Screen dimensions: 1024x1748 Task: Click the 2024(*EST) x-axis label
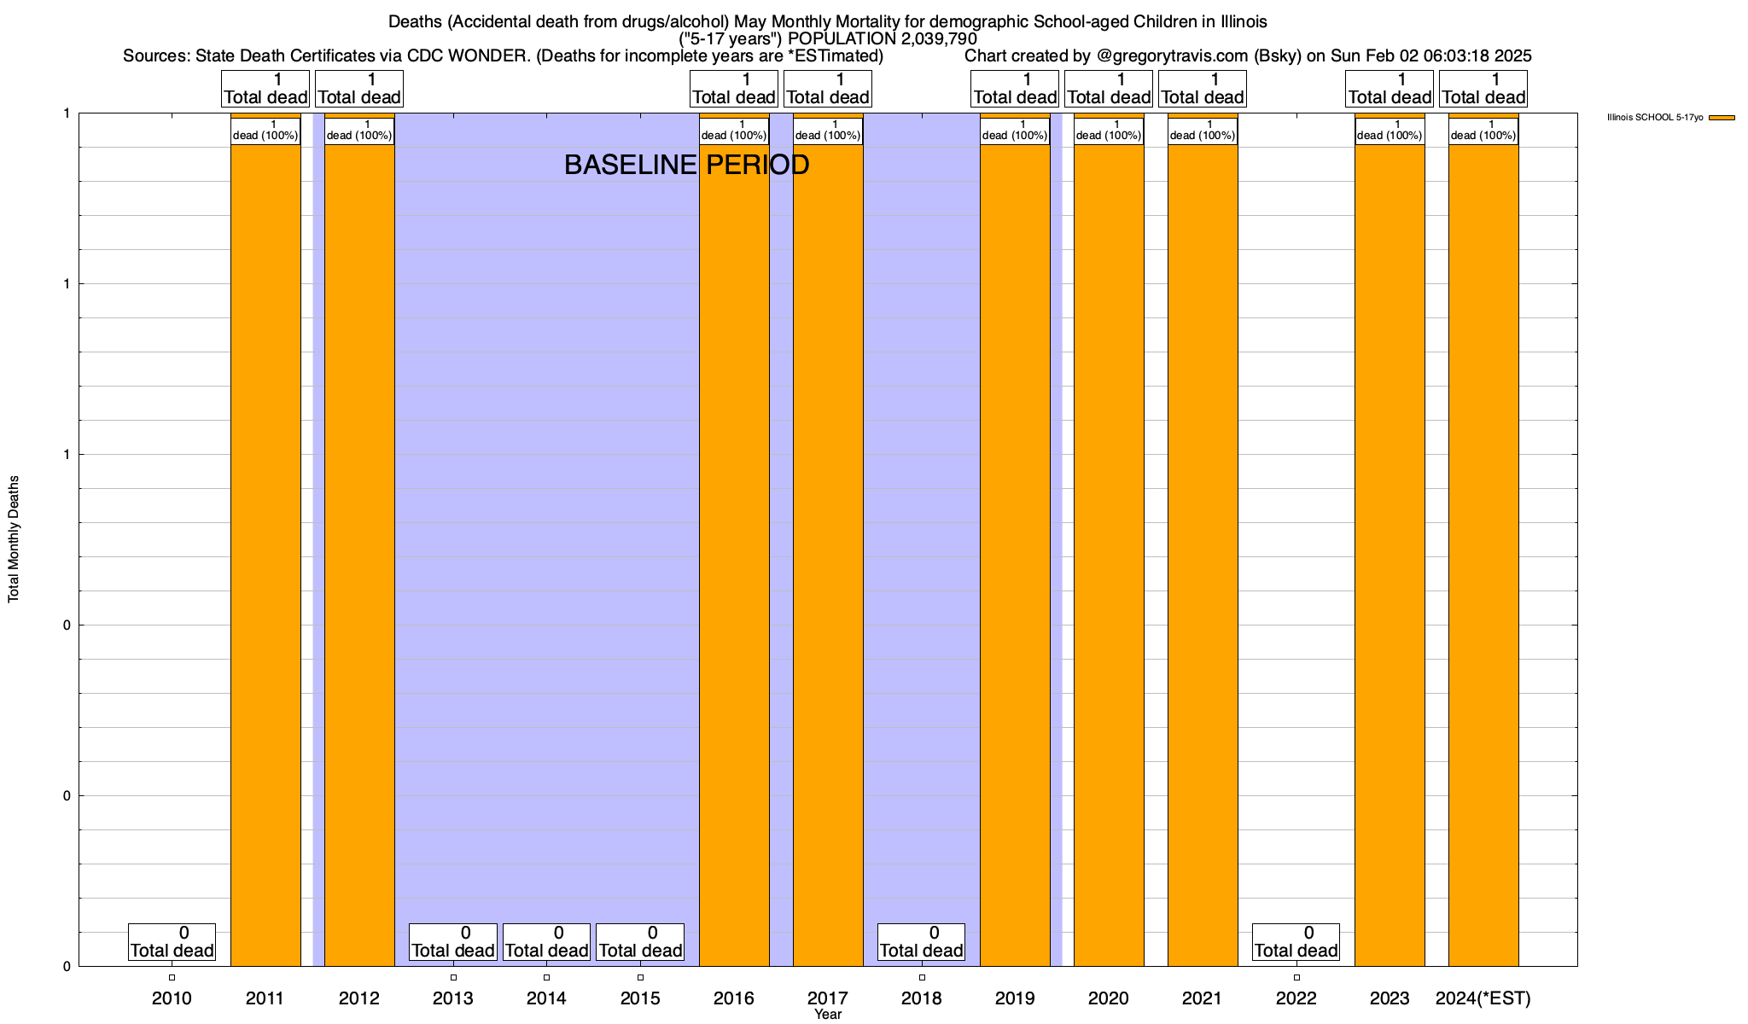click(x=1483, y=998)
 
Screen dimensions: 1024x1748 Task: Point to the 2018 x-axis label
click(x=921, y=998)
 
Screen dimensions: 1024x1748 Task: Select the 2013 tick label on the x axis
click(x=452, y=998)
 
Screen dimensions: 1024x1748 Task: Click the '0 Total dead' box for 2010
click(x=172, y=942)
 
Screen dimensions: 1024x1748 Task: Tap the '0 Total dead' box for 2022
click(x=1296, y=942)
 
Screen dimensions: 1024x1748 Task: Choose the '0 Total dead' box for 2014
click(x=546, y=942)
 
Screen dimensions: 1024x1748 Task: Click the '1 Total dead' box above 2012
click(x=358, y=89)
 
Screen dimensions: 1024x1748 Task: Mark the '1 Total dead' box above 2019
click(x=1015, y=89)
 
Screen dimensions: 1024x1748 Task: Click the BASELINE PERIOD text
click(x=686, y=165)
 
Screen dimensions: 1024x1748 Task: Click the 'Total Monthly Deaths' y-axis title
click(x=14, y=538)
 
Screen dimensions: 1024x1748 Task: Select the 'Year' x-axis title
click(x=827, y=1015)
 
